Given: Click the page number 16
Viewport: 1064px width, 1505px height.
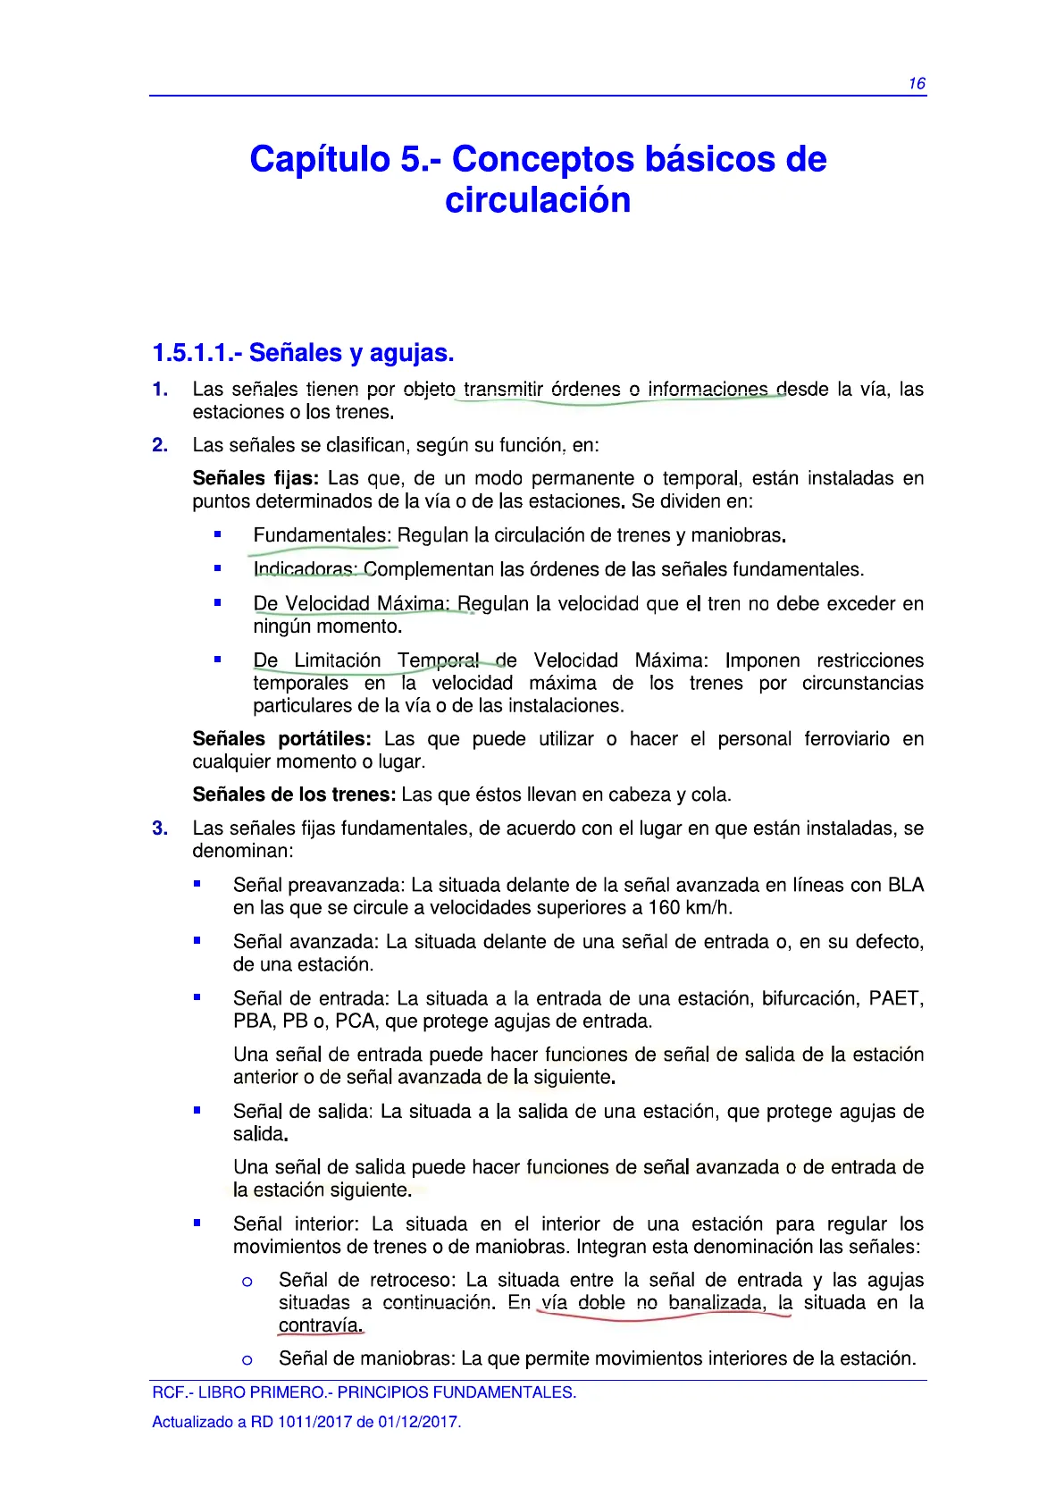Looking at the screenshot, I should point(917,84).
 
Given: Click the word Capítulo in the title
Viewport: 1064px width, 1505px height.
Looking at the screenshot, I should point(319,159).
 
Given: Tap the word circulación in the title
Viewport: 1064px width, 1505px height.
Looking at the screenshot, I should point(538,200).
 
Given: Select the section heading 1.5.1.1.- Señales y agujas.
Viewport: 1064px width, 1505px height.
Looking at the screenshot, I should point(303,353).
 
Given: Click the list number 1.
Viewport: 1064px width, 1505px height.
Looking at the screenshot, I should point(160,390).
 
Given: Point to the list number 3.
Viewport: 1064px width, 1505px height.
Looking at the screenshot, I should point(160,828).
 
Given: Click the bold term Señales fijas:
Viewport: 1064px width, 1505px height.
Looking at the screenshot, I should point(256,478).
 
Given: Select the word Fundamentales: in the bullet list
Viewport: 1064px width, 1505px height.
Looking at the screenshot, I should point(322,535).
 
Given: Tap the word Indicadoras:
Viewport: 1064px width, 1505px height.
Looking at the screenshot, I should point(305,569).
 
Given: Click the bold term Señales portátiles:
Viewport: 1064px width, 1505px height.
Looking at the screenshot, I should point(281,739).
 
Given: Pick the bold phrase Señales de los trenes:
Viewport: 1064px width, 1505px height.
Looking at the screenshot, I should point(294,795).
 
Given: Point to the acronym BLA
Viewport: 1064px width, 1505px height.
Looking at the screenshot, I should point(905,885).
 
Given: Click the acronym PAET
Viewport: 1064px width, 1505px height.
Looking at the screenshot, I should point(896,998).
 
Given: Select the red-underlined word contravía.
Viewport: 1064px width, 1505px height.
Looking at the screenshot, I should point(321,1325).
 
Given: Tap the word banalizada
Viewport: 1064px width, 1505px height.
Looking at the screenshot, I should point(716,1303).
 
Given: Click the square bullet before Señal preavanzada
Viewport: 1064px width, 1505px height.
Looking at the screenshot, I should point(197,884).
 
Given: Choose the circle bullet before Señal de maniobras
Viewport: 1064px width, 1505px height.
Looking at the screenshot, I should point(247,1360).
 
